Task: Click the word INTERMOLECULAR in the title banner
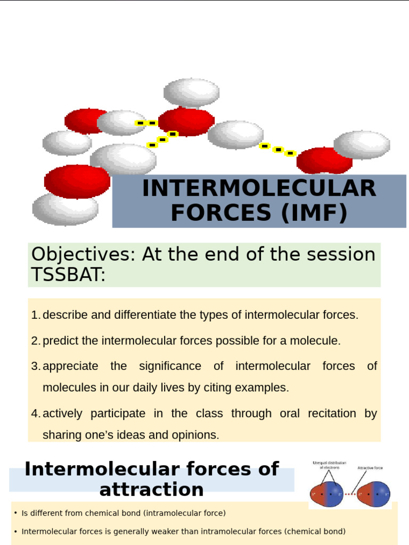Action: [259, 189]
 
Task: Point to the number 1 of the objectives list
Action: [35, 315]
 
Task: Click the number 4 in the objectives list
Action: [35, 414]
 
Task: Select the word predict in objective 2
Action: [60, 341]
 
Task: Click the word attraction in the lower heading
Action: [151, 490]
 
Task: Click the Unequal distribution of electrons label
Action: [329, 465]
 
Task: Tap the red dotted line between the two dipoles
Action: [350, 494]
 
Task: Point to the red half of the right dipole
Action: [365, 494]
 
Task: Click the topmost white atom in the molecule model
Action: [191, 92]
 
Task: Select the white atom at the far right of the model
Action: [362, 144]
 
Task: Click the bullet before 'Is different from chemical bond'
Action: [15, 514]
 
